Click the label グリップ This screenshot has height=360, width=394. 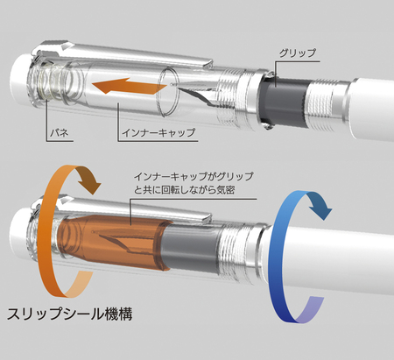298,53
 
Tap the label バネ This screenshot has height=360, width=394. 60,133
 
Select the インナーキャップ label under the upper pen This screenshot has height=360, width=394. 158,133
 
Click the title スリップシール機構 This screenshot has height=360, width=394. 70,314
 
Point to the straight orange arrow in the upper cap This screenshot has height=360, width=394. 129,86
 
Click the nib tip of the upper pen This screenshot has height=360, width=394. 172,85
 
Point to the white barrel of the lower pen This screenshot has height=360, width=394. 330,257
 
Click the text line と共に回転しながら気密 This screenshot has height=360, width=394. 184,190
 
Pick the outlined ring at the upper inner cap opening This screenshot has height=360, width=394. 168,90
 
